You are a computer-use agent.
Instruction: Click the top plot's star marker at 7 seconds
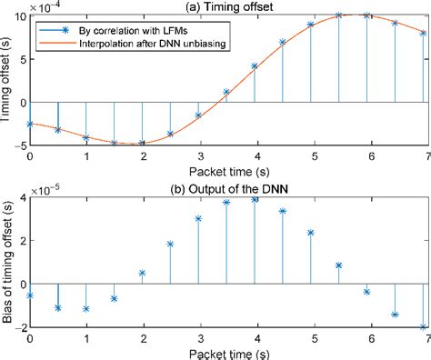coord(423,33)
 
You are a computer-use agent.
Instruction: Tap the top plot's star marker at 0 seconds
coord(31,124)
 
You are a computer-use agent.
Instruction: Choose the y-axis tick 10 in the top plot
coord(20,15)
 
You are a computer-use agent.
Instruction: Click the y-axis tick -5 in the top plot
coord(21,144)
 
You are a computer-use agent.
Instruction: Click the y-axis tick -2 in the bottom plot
coord(21,327)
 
